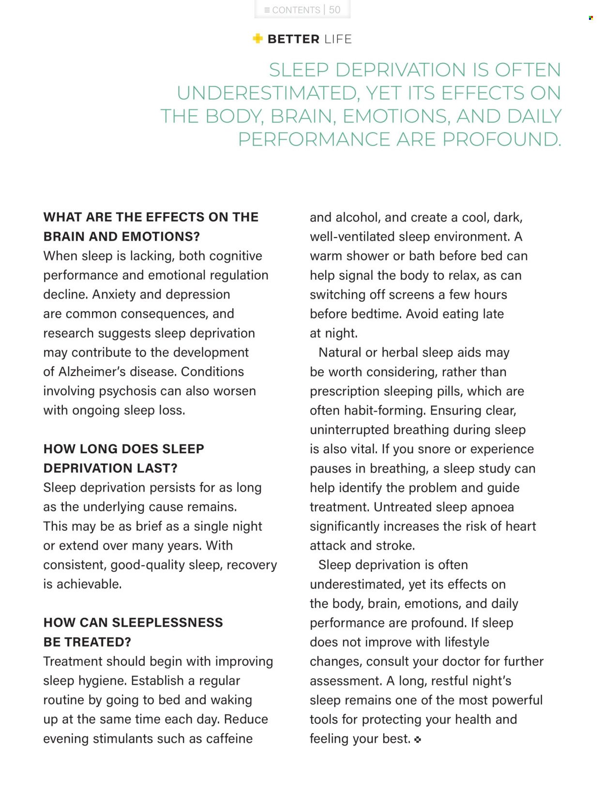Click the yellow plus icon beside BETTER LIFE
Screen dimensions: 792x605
(x=257, y=39)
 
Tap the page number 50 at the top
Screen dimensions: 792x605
(x=334, y=10)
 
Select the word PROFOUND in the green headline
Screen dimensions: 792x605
(x=501, y=139)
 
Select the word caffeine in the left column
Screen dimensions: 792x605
(x=229, y=739)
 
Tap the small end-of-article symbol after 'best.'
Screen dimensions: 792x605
(x=418, y=739)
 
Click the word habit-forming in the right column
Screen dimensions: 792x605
(x=385, y=410)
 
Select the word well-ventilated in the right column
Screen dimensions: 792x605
(x=352, y=237)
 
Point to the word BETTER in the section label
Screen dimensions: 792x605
(x=293, y=39)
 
